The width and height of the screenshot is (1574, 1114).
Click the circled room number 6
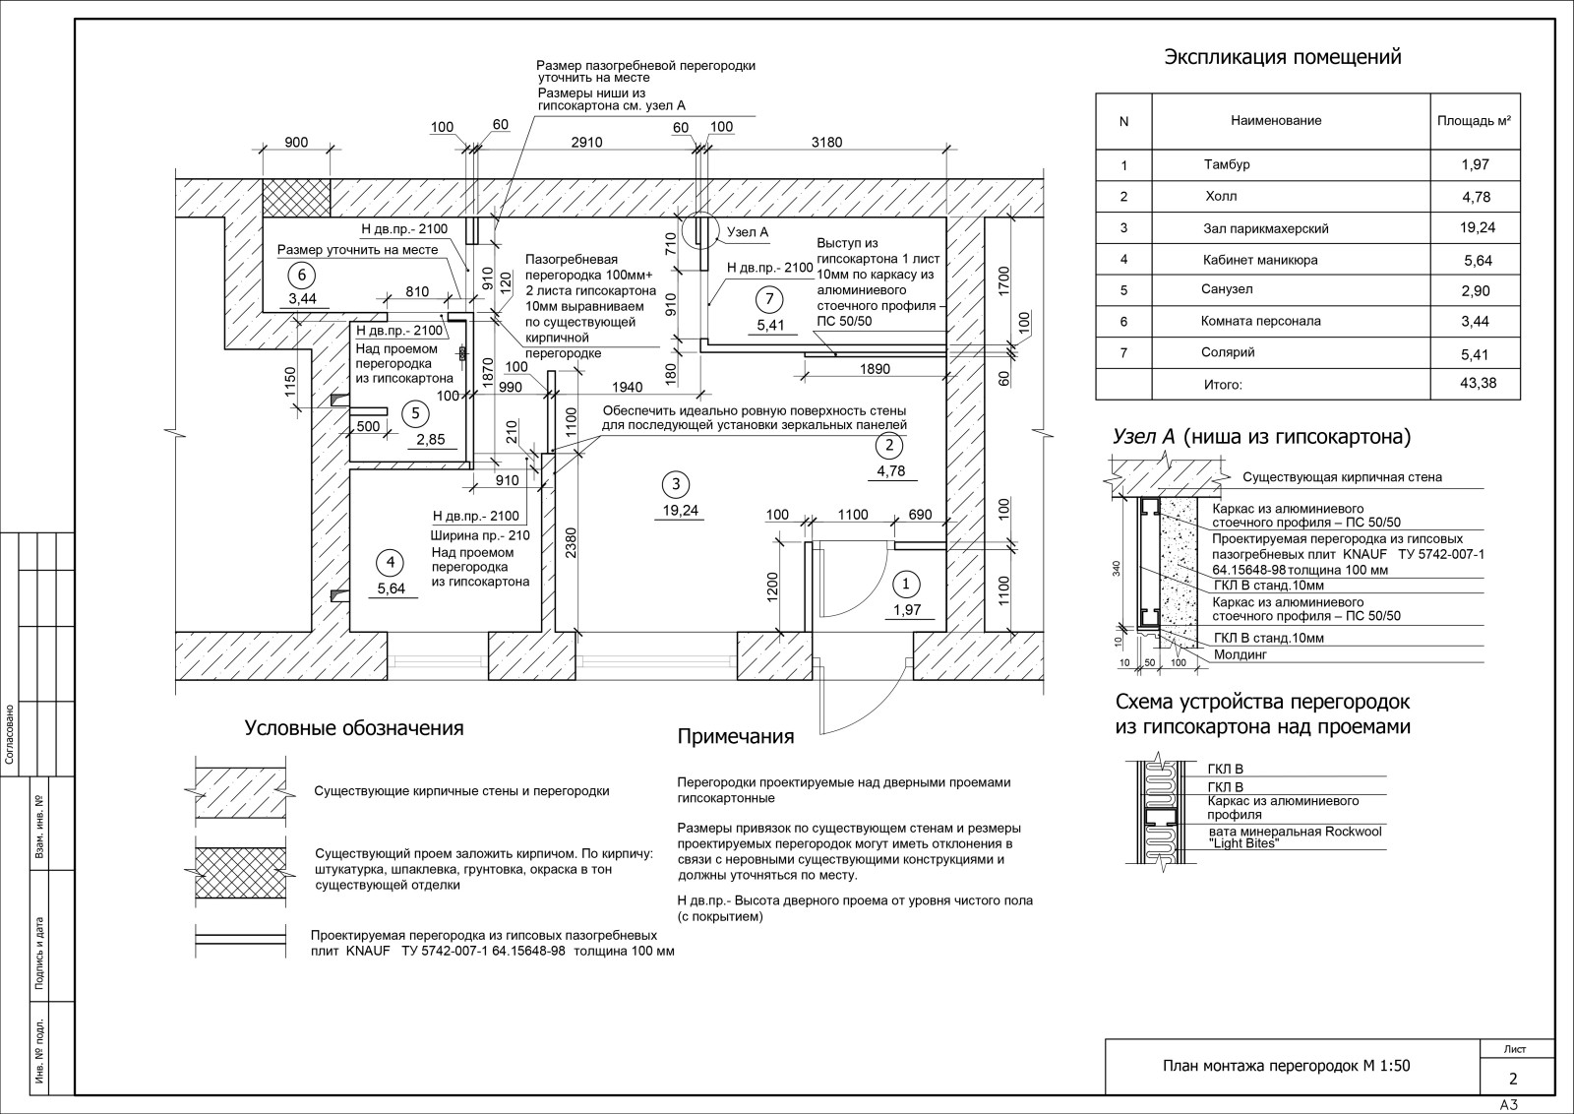click(x=302, y=275)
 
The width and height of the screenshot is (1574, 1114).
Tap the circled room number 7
click(x=769, y=299)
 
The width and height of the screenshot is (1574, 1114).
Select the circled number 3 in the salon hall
click(x=676, y=483)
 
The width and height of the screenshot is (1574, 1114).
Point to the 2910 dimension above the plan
click(x=586, y=142)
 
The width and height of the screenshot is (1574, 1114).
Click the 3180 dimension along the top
click(x=826, y=142)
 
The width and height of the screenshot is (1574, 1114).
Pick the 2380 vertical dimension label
click(x=571, y=542)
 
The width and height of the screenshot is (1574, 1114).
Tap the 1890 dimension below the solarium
click(x=875, y=369)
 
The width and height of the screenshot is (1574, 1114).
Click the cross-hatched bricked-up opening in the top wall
click(x=296, y=198)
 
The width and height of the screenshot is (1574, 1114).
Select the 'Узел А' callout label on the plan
click(x=748, y=232)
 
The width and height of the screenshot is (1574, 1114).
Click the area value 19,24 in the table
click(x=1477, y=227)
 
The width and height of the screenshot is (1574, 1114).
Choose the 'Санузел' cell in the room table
click(x=1227, y=289)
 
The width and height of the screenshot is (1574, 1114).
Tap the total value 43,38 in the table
click(x=1478, y=383)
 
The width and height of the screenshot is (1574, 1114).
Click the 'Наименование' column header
click(x=1276, y=120)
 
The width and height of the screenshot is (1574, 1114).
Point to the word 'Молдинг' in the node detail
click(x=1241, y=654)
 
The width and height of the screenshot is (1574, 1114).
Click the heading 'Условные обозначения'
click(x=354, y=728)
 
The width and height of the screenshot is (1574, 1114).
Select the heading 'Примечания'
click(x=736, y=736)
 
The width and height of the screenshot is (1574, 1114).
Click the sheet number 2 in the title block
click(x=1513, y=1079)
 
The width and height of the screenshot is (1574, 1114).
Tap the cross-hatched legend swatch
click(x=240, y=872)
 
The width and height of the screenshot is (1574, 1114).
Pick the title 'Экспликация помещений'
click(x=1283, y=57)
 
